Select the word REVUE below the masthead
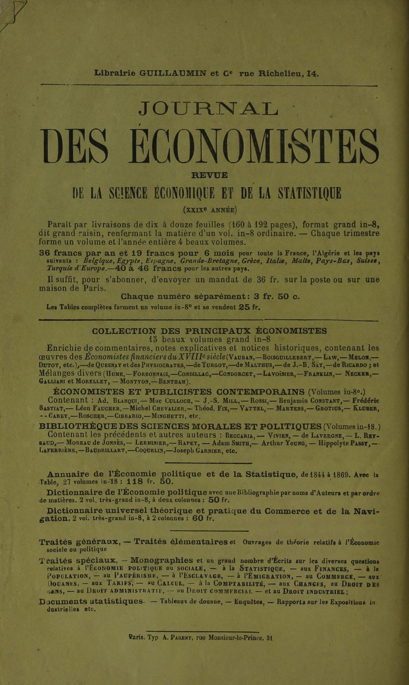click(x=210, y=175)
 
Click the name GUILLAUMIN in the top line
click(x=176, y=74)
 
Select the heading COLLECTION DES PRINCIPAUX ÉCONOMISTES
click(x=209, y=331)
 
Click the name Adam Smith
click(x=232, y=443)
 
